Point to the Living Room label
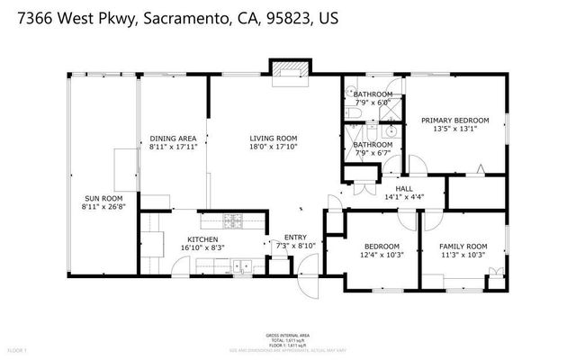(273, 138)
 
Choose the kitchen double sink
(240, 265)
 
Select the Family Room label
(463, 246)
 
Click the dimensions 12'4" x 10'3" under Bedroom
(382, 255)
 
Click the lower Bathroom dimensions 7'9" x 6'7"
(372, 153)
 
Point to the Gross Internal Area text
(287, 335)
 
